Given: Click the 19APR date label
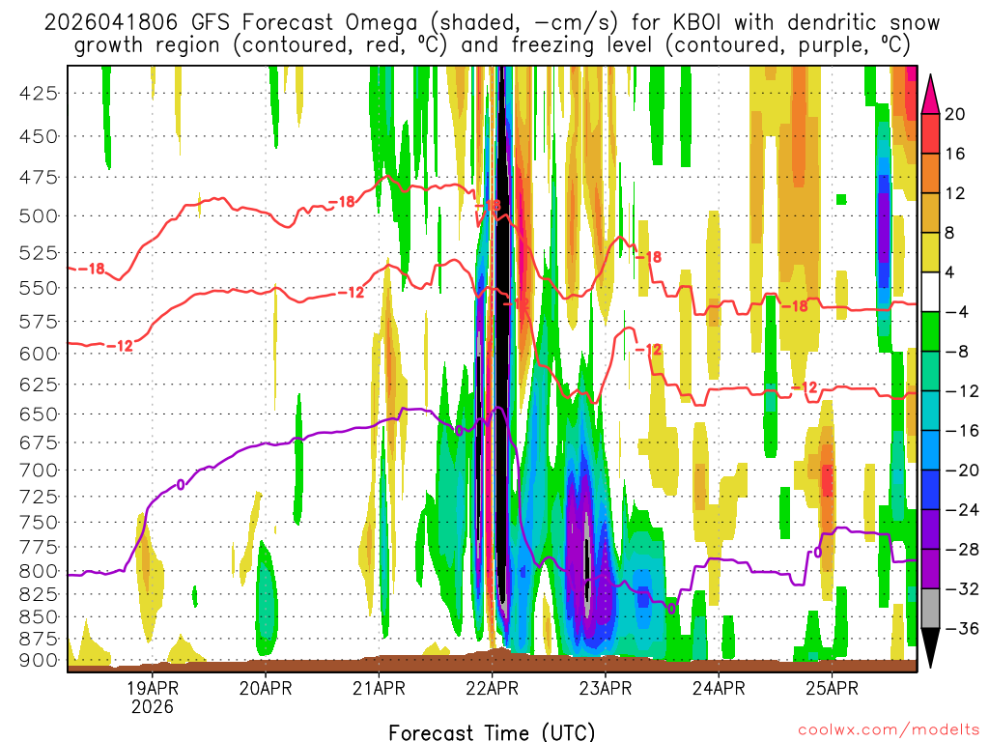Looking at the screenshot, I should point(153,689).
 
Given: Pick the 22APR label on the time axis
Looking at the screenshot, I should point(492,689).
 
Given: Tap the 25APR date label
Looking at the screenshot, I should point(832,689).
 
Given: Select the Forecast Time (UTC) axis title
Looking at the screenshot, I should point(492,731).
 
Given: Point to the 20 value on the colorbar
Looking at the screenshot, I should point(955,114).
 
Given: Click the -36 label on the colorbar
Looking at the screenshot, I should point(956,629).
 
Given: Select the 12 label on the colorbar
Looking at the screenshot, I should point(955,193).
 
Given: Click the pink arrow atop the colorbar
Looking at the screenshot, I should point(931,95).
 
